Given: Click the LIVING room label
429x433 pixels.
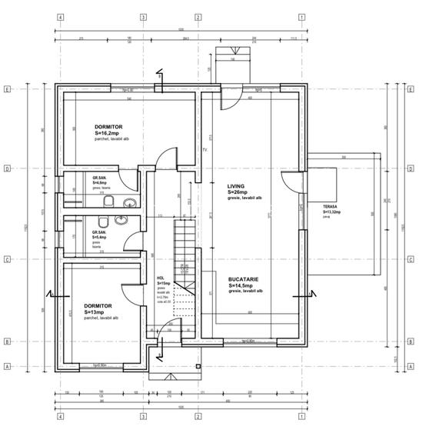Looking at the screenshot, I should pyautogui.click(x=235, y=186).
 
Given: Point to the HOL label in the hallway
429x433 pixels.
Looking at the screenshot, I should pyautogui.click(x=160, y=279).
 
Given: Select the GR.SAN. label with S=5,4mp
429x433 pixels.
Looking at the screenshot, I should pyautogui.click(x=98, y=231).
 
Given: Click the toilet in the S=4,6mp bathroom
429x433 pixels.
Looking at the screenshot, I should pyautogui.click(x=110, y=202).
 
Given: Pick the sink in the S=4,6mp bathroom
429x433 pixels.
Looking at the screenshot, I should pyautogui.click(x=130, y=202).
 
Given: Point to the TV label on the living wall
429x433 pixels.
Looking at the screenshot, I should pyautogui.click(x=205, y=150).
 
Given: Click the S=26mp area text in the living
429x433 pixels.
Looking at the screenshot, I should pyautogui.click(x=238, y=192).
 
